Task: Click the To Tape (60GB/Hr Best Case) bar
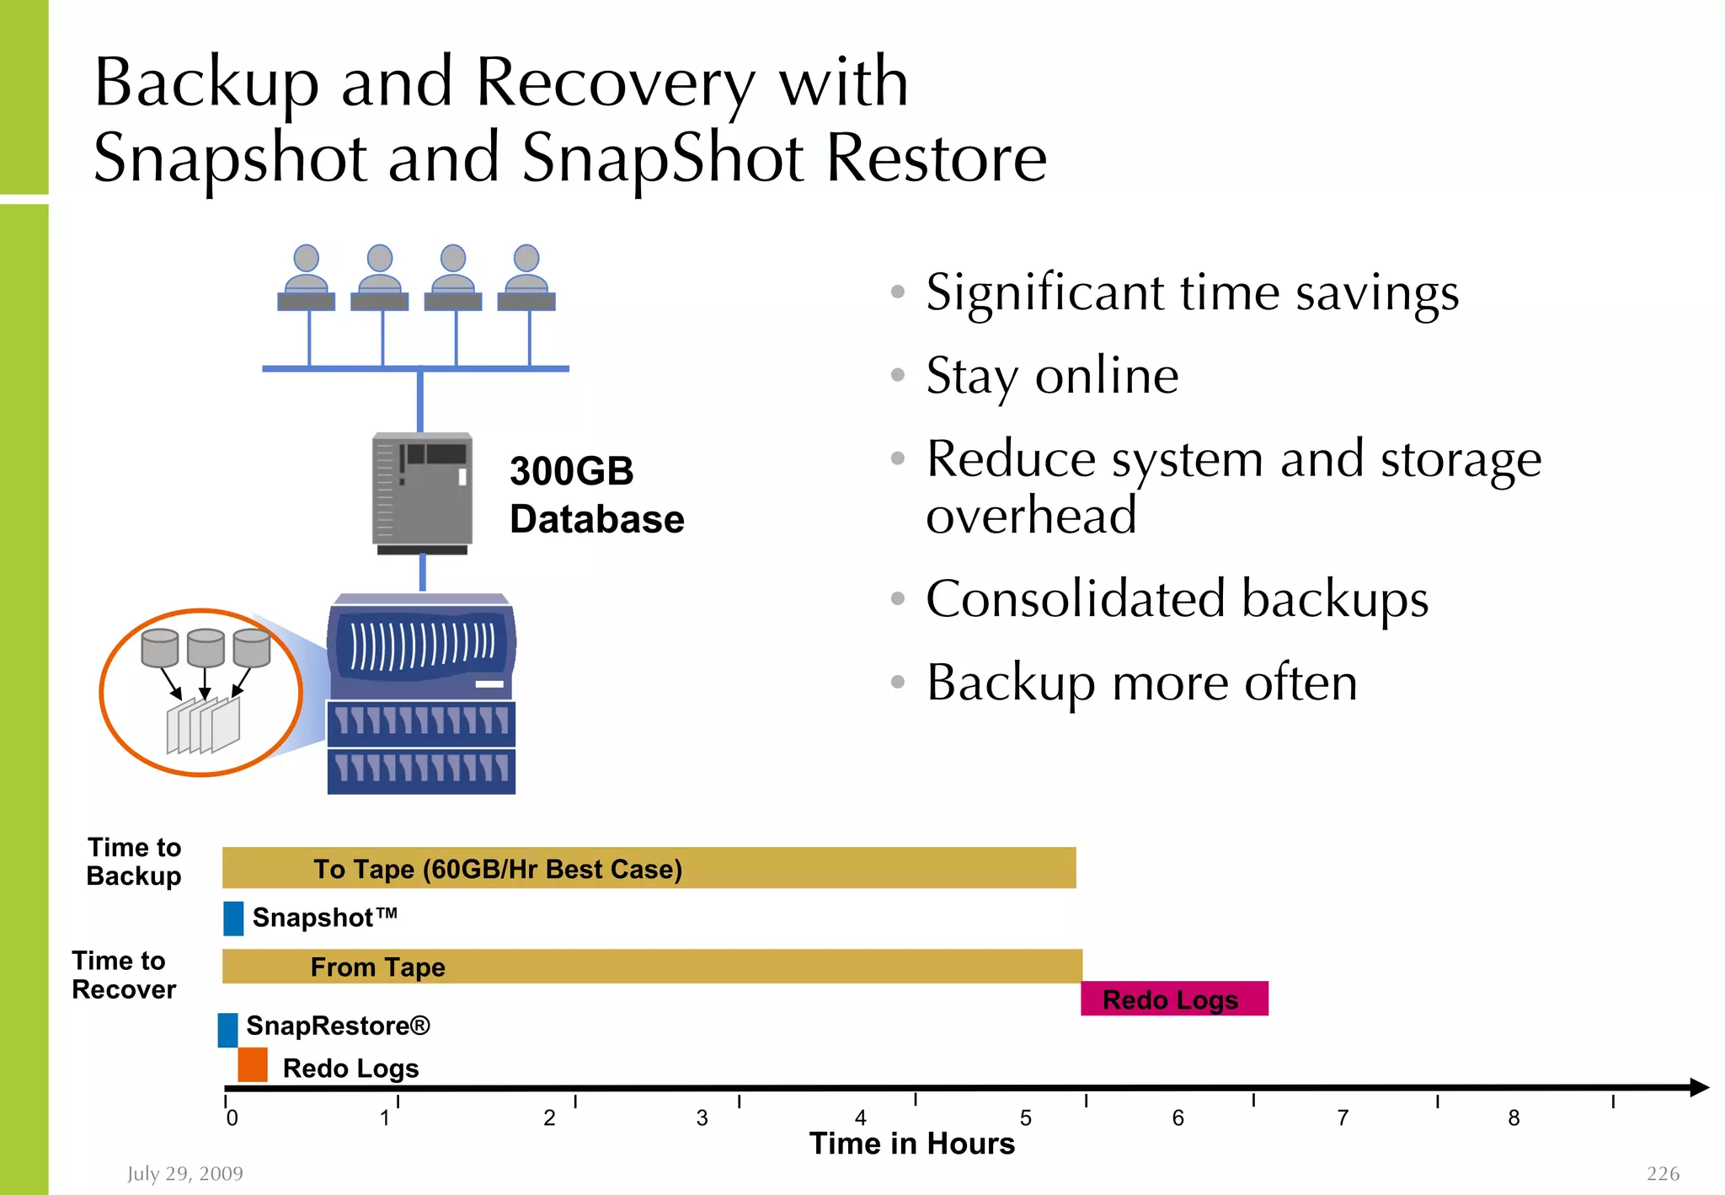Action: pos(649,868)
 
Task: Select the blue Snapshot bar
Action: pos(233,918)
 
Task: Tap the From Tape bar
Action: pos(652,967)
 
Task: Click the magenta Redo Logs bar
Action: pos(1174,999)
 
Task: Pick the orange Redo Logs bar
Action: pos(253,1065)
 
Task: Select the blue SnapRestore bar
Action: pos(227,1030)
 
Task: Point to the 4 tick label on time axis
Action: pos(860,1118)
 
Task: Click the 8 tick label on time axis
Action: pos(1514,1118)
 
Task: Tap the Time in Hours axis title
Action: pos(912,1144)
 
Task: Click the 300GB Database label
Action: pos(596,495)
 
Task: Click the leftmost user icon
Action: pos(306,278)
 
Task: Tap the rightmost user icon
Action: pos(526,278)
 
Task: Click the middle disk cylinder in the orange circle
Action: pos(206,647)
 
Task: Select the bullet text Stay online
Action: pos(1052,376)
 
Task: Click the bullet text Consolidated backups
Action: pos(1177,599)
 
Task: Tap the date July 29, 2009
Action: pos(185,1173)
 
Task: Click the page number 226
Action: pos(1663,1173)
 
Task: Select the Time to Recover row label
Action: pos(124,975)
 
